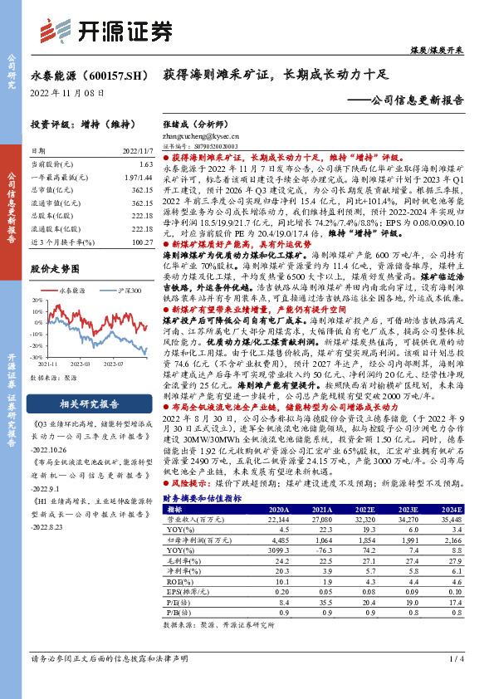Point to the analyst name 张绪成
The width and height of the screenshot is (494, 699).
point(175,123)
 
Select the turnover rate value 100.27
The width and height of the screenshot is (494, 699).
point(142,241)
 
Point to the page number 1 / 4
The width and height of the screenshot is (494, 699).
point(455,682)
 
